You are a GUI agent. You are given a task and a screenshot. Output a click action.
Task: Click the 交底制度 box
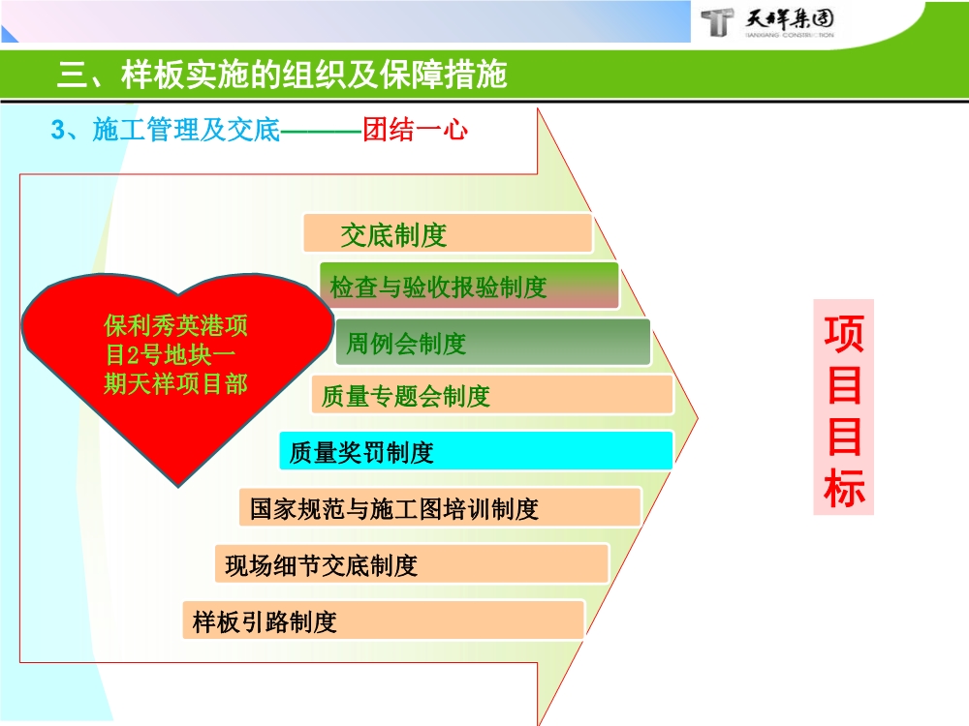point(447,234)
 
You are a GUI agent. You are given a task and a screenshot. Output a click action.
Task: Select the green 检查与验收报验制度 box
point(469,287)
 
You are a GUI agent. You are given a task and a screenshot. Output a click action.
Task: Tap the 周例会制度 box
point(492,343)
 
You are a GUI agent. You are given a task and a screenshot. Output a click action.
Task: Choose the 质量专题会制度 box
point(492,395)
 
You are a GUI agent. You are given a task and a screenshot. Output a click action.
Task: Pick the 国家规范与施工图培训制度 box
point(440,507)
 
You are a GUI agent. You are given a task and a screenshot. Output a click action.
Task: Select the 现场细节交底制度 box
point(412,563)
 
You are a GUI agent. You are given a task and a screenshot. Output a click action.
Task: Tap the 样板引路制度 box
point(384,620)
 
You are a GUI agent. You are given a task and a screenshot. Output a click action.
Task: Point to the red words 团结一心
point(415,130)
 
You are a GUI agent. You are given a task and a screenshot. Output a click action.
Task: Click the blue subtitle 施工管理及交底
point(185,130)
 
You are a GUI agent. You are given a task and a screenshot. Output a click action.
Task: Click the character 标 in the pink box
point(844,490)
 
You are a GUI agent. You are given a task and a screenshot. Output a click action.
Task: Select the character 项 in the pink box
point(844,332)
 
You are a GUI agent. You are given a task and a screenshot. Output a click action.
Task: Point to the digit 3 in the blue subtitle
point(57,130)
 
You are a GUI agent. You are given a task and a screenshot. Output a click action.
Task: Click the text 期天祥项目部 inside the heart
point(175,383)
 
